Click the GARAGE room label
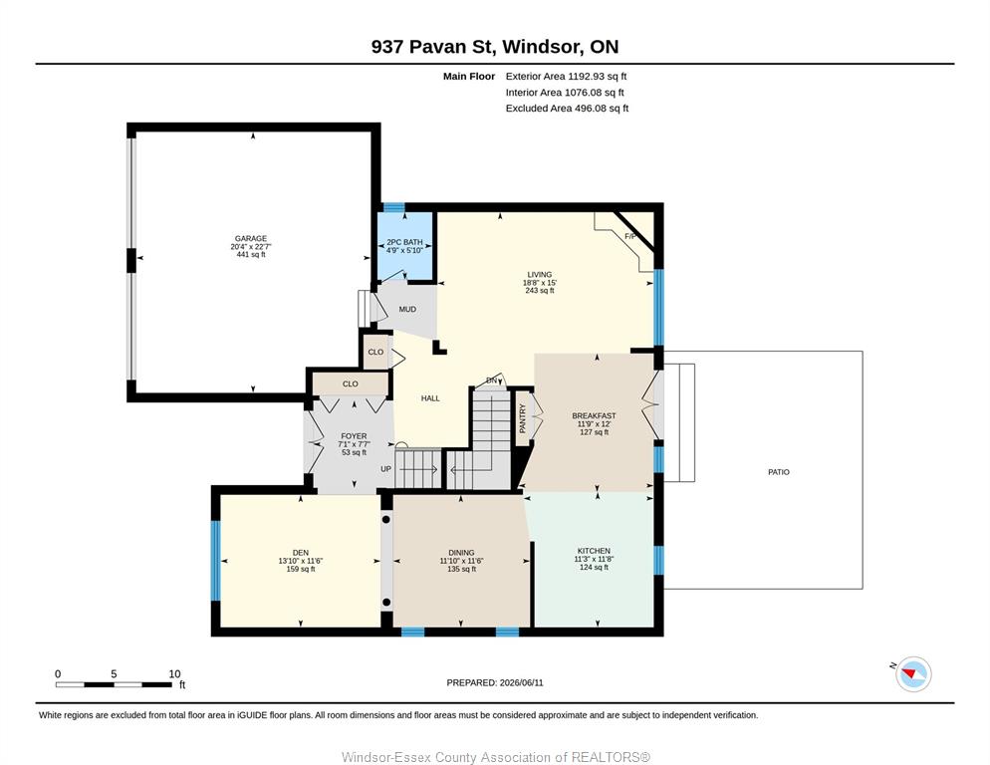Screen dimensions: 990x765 coord(251,239)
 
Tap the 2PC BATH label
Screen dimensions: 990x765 coord(404,242)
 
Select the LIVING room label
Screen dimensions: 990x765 coord(539,275)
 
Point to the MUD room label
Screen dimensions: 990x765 coord(407,310)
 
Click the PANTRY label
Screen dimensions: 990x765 coord(522,418)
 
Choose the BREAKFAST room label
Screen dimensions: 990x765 coord(594,415)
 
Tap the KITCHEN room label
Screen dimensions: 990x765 coord(594,551)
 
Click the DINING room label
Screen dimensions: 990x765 coord(461,553)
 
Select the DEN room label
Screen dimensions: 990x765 coord(301,553)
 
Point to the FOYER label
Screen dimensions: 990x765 coord(354,436)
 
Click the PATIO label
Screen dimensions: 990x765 coord(779,472)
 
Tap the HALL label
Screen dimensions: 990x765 coord(430,398)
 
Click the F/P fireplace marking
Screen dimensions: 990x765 coord(630,237)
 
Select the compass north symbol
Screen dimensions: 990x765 coord(911,673)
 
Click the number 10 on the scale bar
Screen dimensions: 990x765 coord(175,674)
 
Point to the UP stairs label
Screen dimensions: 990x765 coord(385,469)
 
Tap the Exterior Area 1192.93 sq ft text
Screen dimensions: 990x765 coord(566,77)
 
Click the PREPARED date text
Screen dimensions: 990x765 coord(495,683)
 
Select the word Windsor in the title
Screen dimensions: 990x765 coord(543,47)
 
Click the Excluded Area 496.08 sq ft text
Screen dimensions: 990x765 coord(567,108)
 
